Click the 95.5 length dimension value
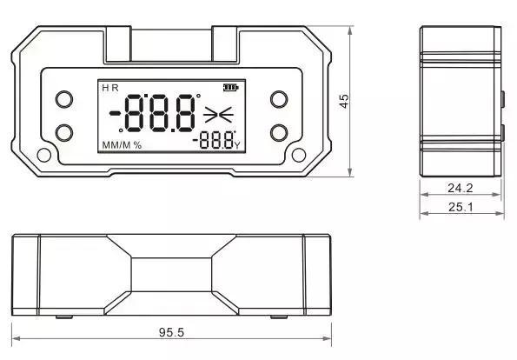point(171,332)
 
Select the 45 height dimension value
point(344,101)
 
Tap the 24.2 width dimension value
point(461,188)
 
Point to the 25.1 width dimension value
point(461,207)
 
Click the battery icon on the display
point(231,88)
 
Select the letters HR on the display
point(110,88)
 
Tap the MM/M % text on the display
point(122,145)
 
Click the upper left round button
point(64,99)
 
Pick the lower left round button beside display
point(64,133)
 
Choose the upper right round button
point(279,99)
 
